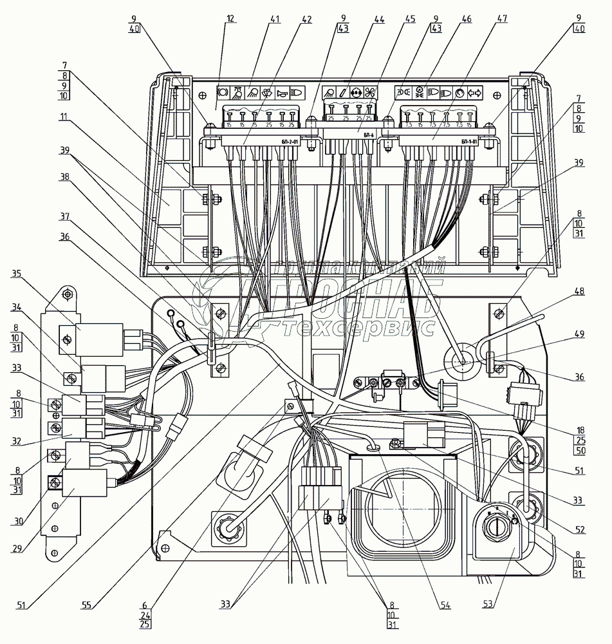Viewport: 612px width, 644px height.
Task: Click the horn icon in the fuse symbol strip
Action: [281, 92]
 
